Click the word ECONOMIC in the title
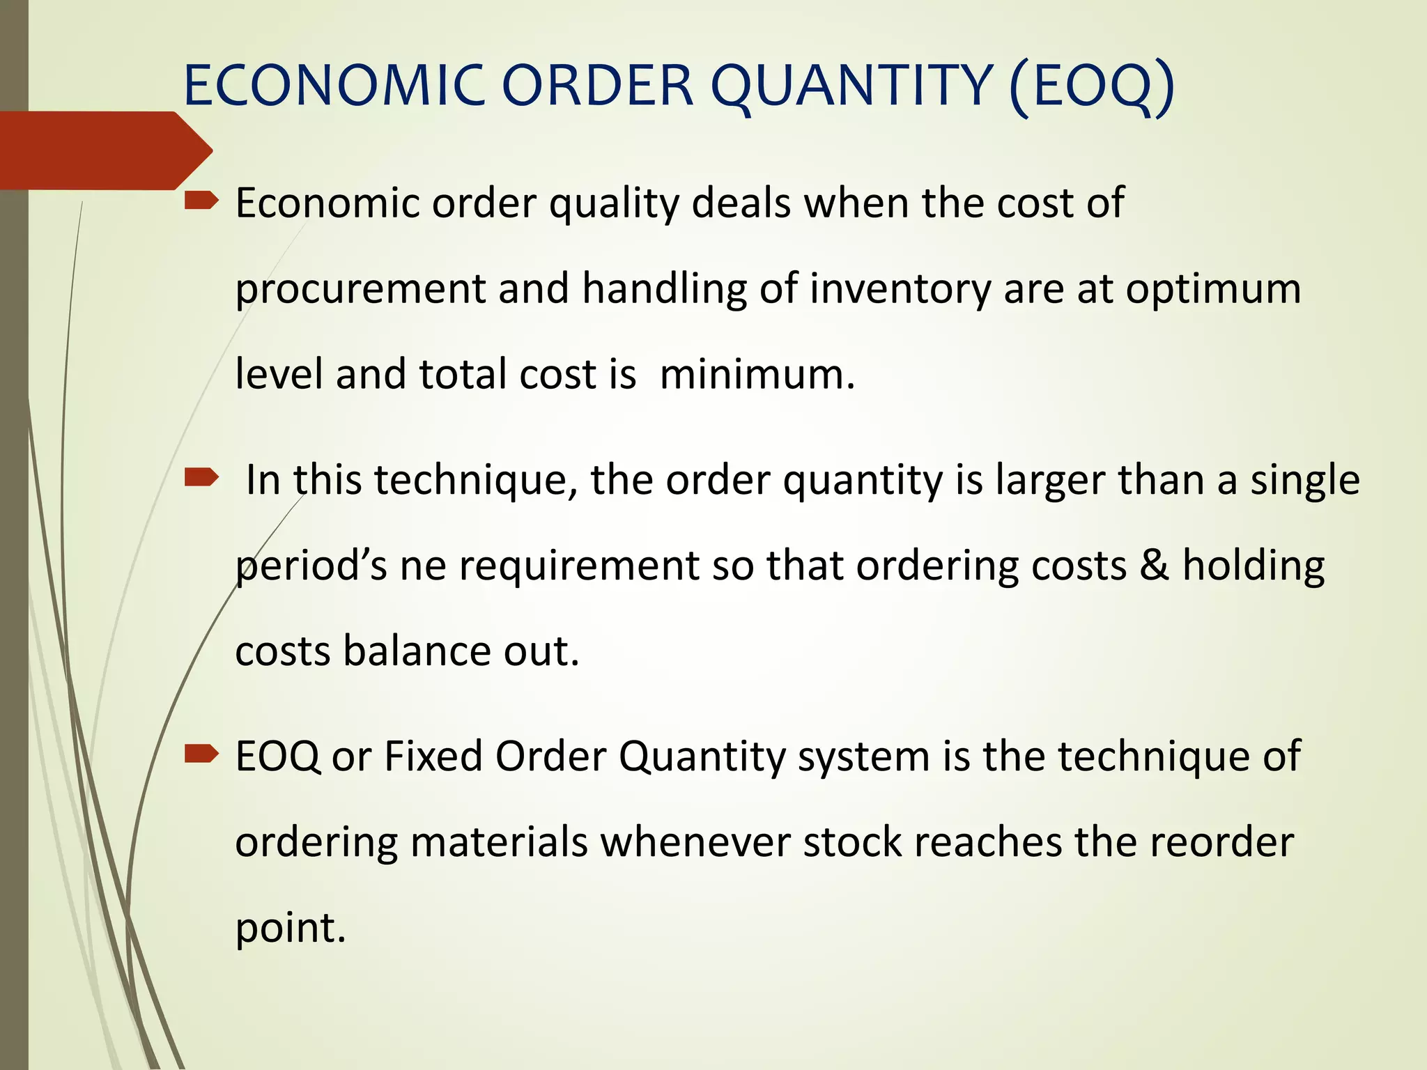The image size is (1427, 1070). point(334,86)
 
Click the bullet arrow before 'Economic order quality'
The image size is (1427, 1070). point(201,202)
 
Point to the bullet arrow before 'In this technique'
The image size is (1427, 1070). point(201,478)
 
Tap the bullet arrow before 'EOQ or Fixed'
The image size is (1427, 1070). point(201,754)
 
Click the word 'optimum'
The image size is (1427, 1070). point(1213,290)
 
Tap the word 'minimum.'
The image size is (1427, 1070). point(757,375)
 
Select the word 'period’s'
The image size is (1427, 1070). point(311,566)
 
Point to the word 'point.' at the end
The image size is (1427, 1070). point(291,929)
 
